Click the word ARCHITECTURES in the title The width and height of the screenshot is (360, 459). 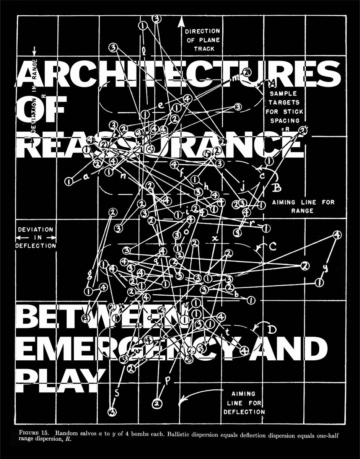tap(178, 74)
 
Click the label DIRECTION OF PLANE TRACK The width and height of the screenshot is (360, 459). tap(203, 40)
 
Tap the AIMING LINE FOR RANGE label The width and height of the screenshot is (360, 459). tap(303, 206)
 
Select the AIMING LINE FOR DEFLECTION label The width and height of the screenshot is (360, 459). tap(244, 403)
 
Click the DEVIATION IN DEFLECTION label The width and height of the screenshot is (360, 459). tap(36, 238)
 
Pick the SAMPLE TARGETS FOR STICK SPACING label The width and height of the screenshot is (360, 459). tap(284, 107)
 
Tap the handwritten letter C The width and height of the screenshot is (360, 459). tap(272, 247)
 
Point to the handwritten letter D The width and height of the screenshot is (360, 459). tap(272, 329)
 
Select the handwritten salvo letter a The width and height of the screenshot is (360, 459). tap(86, 177)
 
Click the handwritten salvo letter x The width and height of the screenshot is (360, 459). tap(215, 238)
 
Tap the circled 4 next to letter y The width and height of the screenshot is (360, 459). tap(337, 235)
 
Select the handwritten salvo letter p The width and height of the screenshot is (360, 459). tap(167, 380)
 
